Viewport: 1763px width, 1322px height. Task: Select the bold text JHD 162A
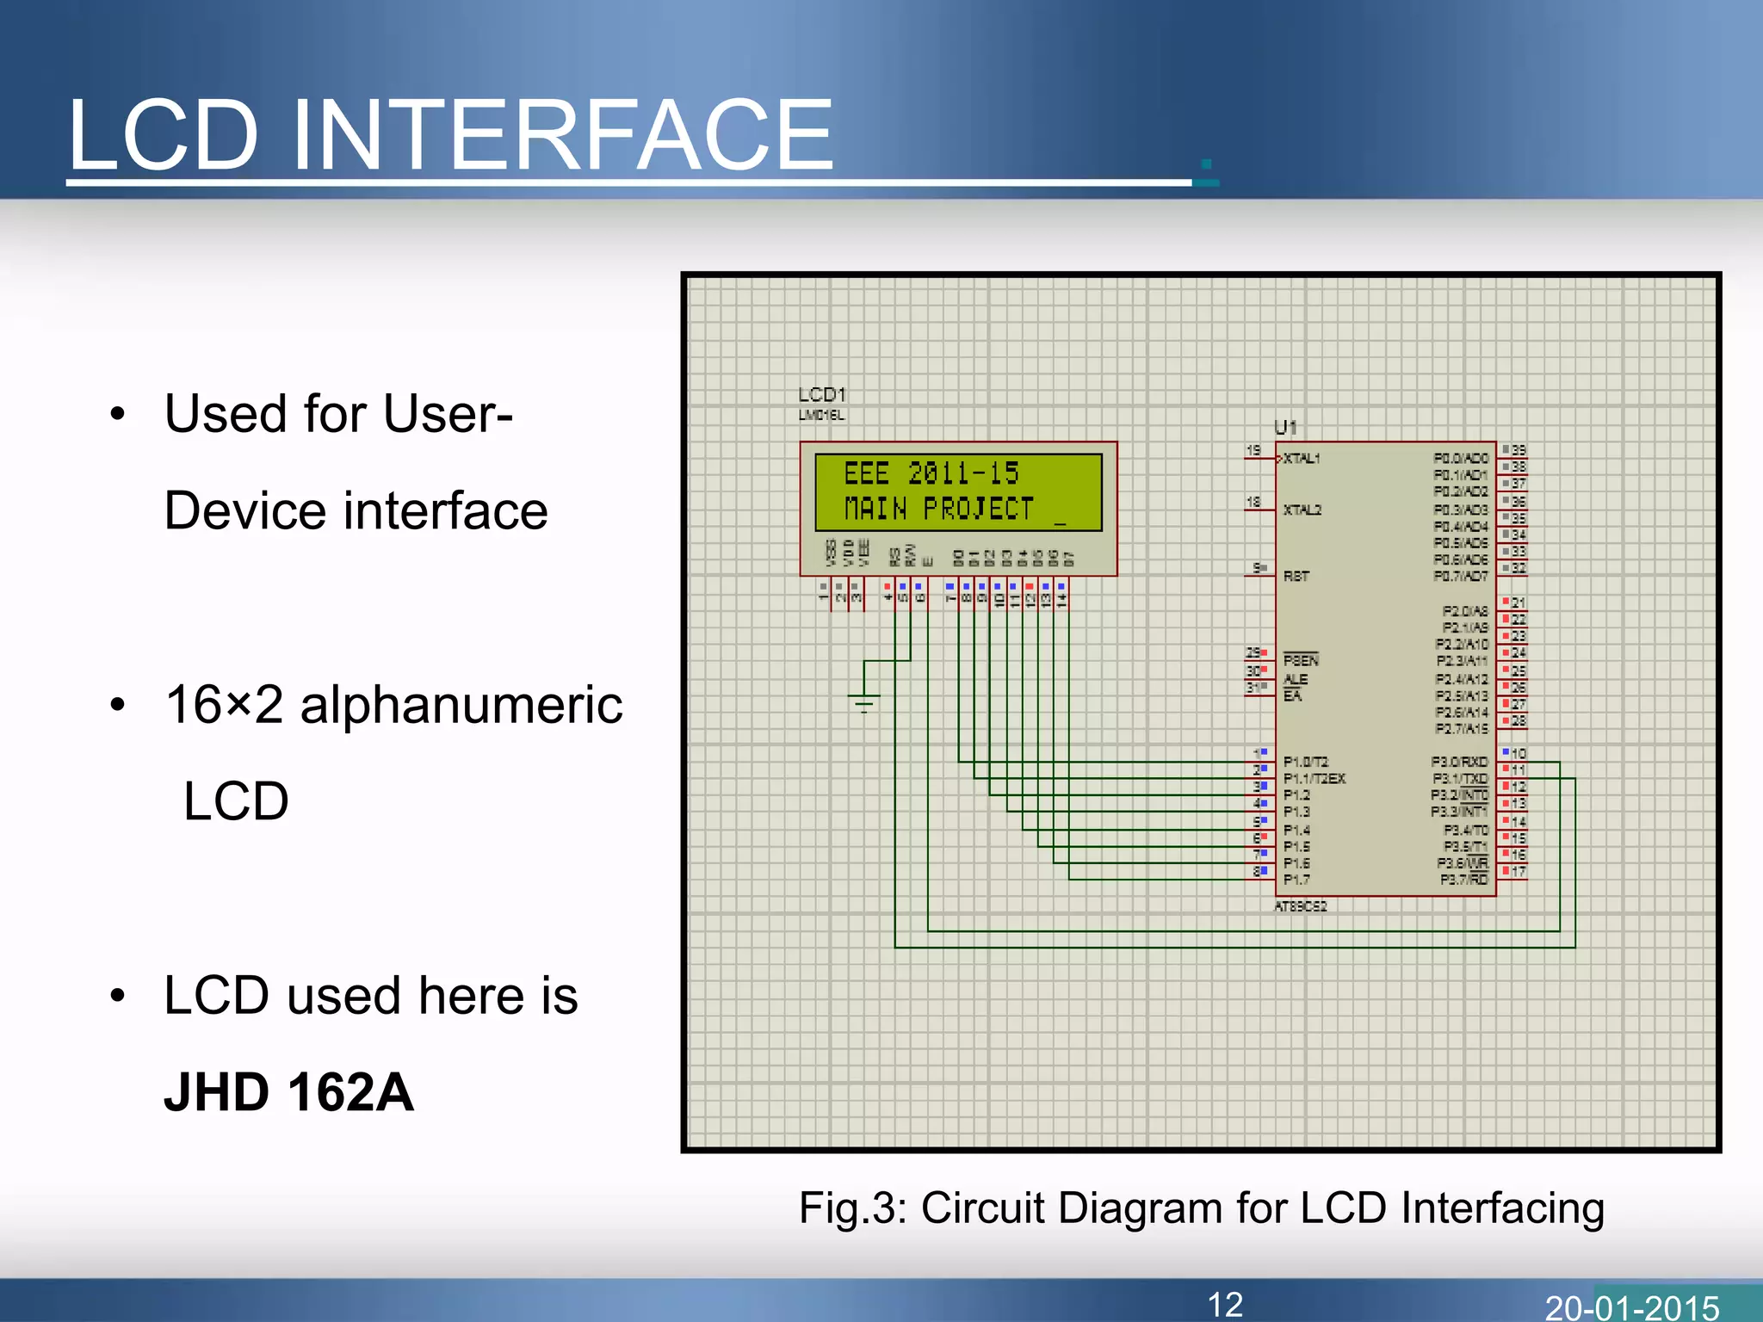pyautogui.click(x=288, y=1092)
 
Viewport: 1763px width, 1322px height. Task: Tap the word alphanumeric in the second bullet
pyautogui.click(x=461, y=705)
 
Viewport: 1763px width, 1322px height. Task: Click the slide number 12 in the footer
pyautogui.click(x=1224, y=1304)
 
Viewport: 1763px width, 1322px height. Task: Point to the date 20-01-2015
pyautogui.click(x=1631, y=1307)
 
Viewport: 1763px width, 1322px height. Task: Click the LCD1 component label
pyautogui.click(x=821, y=395)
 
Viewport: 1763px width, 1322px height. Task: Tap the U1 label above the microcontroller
pyautogui.click(x=1284, y=427)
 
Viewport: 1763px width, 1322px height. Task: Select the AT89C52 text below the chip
pyautogui.click(x=1300, y=906)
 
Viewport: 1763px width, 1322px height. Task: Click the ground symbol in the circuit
pyautogui.click(x=863, y=701)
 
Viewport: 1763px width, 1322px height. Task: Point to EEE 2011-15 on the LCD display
pyautogui.click(x=931, y=473)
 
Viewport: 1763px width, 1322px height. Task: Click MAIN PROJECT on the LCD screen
pyautogui.click(x=938, y=510)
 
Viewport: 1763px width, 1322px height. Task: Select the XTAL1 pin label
pyautogui.click(x=1302, y=459)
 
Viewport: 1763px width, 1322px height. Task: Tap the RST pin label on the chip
pyautogui.click(x=1296, y=576)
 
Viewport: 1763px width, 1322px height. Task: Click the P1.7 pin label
pyautogui.click(x=1296, y=880)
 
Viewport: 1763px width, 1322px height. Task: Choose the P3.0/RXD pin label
pyautogui.click(x=1459, y=762)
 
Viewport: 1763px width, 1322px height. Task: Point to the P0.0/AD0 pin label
pyautogui.click(x=1460, y=459)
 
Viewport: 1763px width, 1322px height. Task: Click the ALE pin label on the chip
pyautogui.click(x=1296, y=679)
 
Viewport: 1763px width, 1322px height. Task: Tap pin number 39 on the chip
pyautogui.click(x=1518, y=450)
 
